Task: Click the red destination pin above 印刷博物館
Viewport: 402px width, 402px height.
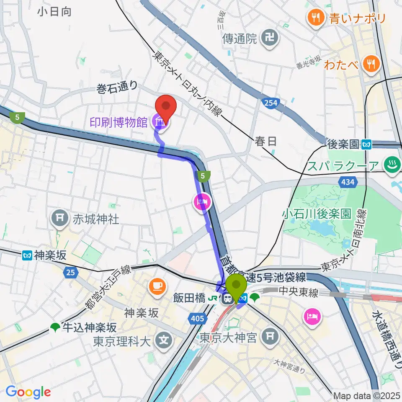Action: tap(166, 107)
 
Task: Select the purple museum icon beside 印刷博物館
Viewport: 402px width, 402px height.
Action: tap(161, 122)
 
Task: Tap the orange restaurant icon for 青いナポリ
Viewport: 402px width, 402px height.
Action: tap(314, 18)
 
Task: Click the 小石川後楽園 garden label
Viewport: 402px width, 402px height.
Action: tap(317, 214)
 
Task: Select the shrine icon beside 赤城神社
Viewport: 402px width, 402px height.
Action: tap(59, 218)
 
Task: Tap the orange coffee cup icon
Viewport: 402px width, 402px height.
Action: tap(157, 286)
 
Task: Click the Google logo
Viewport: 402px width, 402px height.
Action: tap(28, 392)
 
